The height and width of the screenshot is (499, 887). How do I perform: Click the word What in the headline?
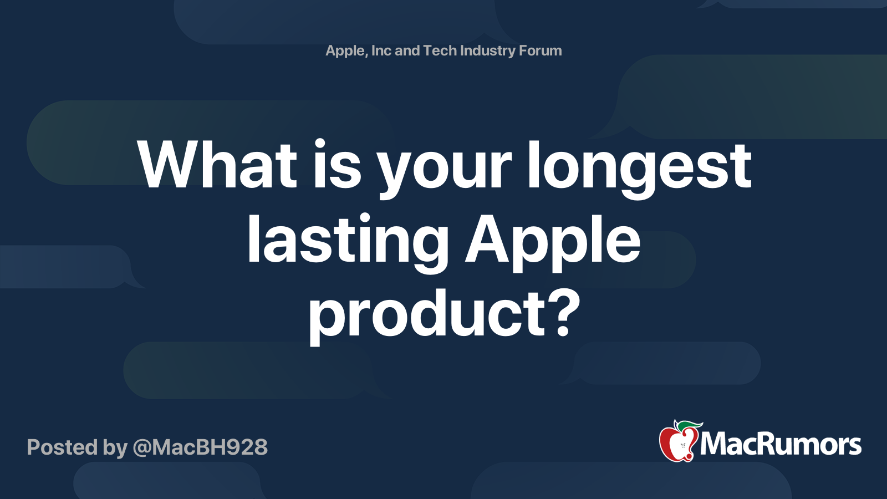[217, 165]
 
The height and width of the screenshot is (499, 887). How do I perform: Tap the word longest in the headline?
[639, 166]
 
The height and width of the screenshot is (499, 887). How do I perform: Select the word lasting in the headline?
[348, 241]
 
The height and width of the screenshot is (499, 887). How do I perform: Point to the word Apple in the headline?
[553, 241]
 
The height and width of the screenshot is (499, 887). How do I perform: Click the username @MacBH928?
[200, 447]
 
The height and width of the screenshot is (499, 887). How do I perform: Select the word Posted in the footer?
[62, 447]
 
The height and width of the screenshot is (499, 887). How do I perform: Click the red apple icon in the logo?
[677, 444]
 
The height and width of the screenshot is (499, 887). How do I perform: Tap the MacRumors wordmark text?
[781, 444]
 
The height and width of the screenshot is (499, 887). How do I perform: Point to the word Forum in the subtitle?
[540, 50]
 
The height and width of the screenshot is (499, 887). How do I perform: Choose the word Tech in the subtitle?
[440, 50]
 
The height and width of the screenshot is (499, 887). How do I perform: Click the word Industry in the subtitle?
[488, 51]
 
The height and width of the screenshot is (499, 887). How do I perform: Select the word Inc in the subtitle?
[381, 50]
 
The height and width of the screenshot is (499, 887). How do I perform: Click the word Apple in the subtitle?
[345, 51]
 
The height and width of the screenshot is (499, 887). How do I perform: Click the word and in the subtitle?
[407, 50]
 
